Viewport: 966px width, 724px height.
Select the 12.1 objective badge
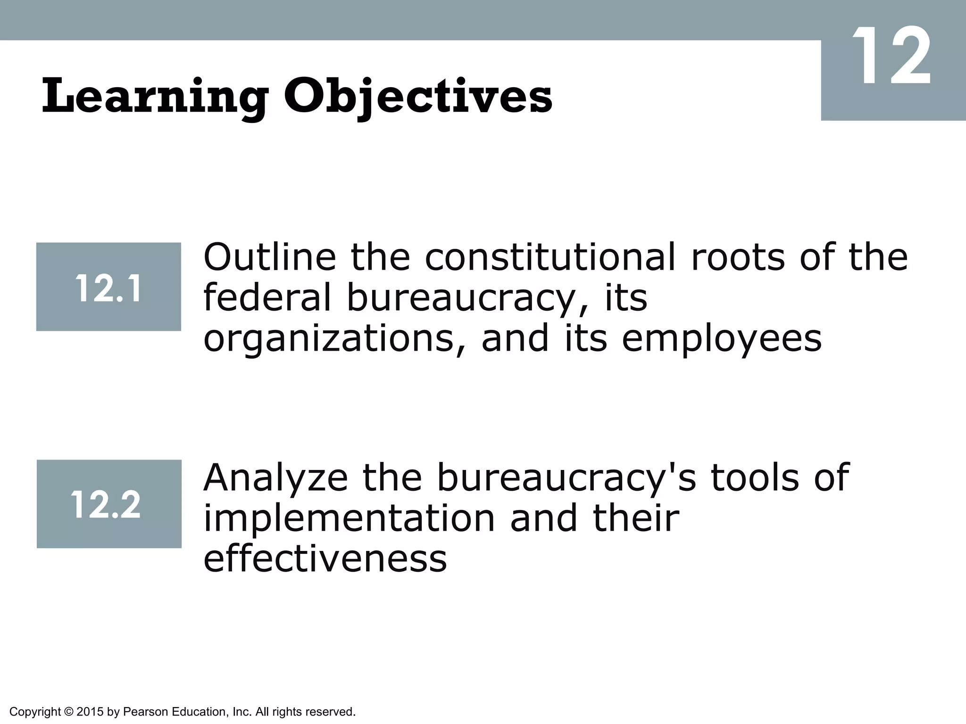pos(108,287)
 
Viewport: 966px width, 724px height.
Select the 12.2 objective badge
pos(109,504)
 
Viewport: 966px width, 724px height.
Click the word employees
pos(722,339)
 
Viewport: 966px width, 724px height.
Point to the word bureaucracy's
pos(566,478)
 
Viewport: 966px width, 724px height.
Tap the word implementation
pos(350,518)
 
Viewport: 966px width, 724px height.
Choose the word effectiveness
pos(325,559)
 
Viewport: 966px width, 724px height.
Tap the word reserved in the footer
pos(333,712)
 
